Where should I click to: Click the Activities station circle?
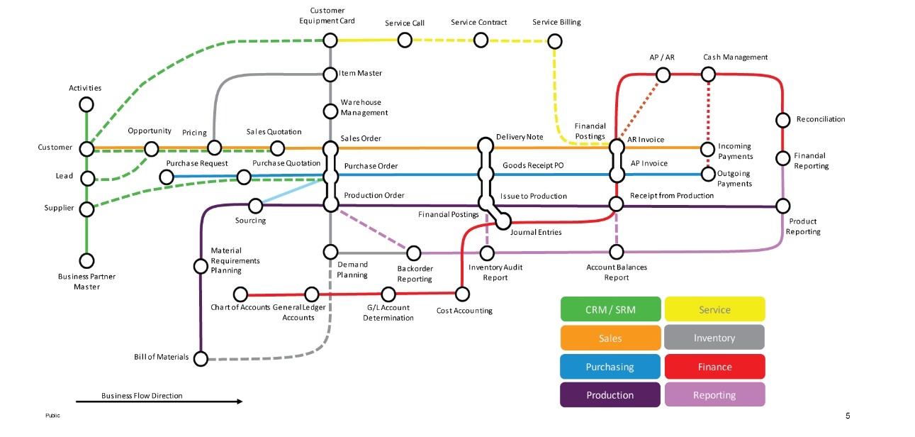click(x=86, y=104)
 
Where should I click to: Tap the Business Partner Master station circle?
click(x=86, y=260)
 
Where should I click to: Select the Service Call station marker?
click(x=405, y=40)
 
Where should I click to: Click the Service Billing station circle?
click(x=555, y=41)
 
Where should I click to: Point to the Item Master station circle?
click(x=330, y=74)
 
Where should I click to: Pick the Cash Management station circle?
click(x=708, y=74)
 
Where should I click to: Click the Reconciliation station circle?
click(x=783, y=119)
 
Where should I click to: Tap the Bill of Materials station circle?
click(x=201, y=358)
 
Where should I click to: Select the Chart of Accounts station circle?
click(x=241, y=294)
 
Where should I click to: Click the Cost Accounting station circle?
click(x=462, y=293)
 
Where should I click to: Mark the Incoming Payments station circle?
click(x=707, y=149)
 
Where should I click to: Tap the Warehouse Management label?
click(x=364, y=107)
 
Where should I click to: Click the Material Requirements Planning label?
click(x=235, y=260)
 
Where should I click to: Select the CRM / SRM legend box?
click(x=610, y=309)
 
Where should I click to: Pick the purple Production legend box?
click(x=610, y=395)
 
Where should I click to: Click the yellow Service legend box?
click(x=714, y=309)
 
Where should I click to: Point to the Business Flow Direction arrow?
click(x=159, y=402)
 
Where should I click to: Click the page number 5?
click(x=848, y=416)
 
